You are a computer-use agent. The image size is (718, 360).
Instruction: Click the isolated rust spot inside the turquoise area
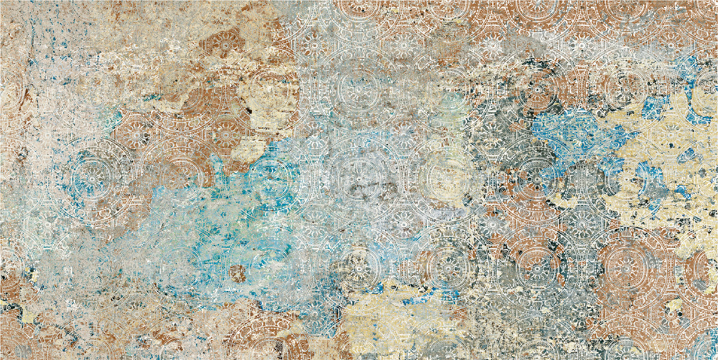238,273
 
